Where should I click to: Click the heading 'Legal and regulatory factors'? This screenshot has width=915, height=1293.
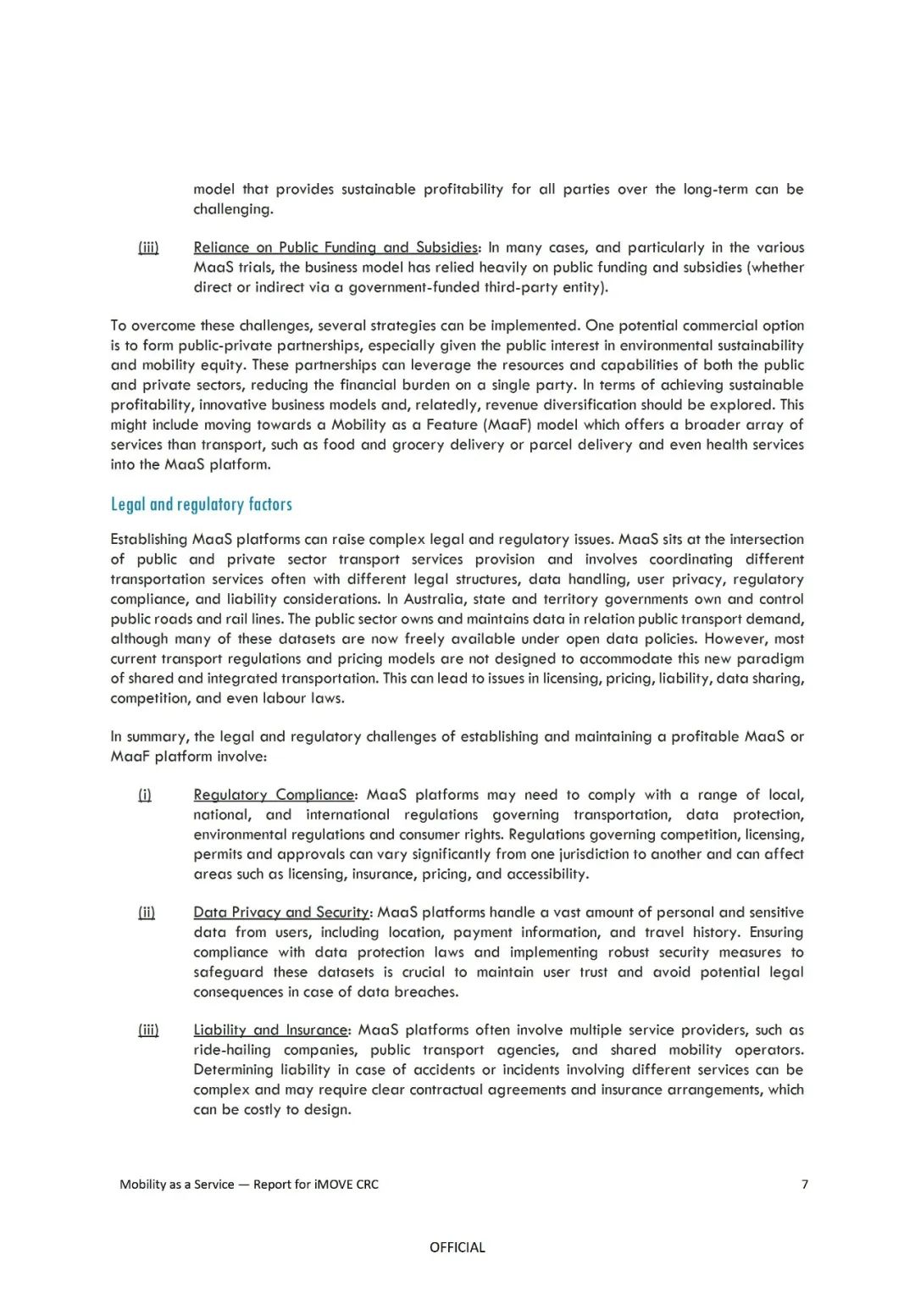point(201,504)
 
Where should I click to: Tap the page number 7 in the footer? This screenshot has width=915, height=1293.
point(805,1184)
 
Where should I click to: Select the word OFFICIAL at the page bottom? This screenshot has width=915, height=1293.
point(457,1247)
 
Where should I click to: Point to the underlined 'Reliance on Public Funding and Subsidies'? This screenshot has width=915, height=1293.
point(335,247)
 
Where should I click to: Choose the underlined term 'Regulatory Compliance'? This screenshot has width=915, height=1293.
point(274,795)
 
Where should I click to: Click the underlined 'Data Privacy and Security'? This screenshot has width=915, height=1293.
point(281,912)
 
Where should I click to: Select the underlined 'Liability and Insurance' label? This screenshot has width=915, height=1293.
point(270,1029)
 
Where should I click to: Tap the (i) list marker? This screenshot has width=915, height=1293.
point(145,795)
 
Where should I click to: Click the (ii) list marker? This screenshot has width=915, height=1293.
point(147,912)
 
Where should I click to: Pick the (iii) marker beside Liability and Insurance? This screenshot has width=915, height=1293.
point(148,1029)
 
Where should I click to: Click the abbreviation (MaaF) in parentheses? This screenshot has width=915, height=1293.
point(508,425)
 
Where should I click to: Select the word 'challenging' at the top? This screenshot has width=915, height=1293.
point(232,209)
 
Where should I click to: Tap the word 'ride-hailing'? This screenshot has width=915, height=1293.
point(231,1050)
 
